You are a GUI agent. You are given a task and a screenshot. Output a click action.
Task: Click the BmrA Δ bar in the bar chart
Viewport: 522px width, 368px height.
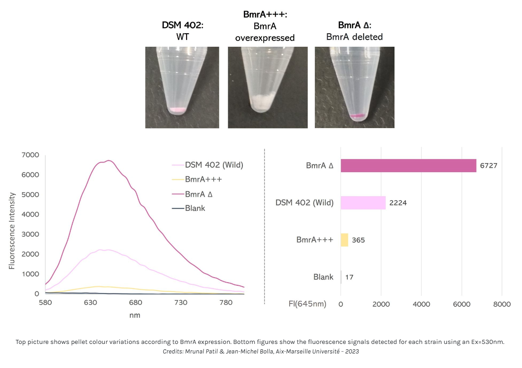coord(408,166)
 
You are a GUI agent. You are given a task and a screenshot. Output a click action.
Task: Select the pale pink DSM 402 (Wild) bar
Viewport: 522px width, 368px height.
coord(363,203)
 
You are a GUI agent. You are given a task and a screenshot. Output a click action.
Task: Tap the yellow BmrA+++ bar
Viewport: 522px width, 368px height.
coord(344,240)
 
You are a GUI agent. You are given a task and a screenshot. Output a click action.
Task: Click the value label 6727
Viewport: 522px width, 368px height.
coord(488,166)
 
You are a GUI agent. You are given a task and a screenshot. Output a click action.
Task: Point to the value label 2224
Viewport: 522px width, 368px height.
coord(398,203)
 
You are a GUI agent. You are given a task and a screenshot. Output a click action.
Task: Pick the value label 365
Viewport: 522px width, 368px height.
coord(358,240)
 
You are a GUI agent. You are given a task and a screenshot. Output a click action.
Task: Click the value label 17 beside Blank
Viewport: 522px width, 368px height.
coord(349,277)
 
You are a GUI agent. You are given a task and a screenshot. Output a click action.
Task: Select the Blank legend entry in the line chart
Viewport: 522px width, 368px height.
coord(195,208)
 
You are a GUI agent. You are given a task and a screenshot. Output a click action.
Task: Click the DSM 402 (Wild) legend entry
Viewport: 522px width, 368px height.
coord(214,164)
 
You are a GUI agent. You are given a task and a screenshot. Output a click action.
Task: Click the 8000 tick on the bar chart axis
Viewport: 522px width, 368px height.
coord(501,304)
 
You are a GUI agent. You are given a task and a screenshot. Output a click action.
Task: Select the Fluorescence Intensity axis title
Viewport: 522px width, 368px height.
coord(12,230)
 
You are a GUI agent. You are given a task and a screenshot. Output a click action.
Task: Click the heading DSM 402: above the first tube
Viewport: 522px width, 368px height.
coord(182,25)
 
